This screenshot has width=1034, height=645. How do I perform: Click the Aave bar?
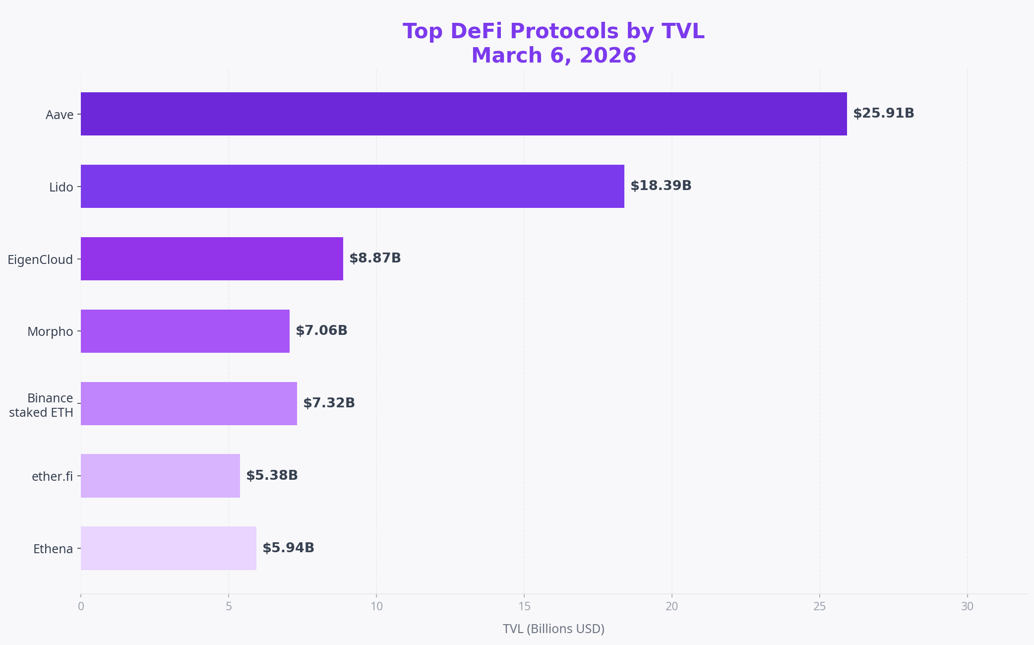pyautogui.click(x=464, y=114)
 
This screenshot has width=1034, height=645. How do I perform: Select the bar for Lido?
pyautogui.click(x=352, y=186)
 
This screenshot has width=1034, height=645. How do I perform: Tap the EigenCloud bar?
pyautogui.click(x=212, y=258)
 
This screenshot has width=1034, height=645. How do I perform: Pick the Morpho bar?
pyautogui.click(x=185, y=331)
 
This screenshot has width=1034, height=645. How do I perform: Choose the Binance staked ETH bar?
pyautogui.click(x=188, y=403)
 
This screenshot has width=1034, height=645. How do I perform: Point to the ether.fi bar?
pyautogui.click(x=160, y=476)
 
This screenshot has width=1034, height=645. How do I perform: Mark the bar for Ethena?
pyautogui.click(x=168, y=548)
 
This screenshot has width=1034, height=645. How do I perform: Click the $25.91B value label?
pyautogui.click(x=883, y=113)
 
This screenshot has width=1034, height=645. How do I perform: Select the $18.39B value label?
pyautogui.click(x=661, y=186)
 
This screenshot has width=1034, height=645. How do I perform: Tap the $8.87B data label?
pyautogui.click(x=375, y=258)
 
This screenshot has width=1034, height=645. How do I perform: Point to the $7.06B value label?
pyautogui.click(x=321, y=330)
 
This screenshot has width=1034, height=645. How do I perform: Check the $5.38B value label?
pyautogui.click(x=272, y=475)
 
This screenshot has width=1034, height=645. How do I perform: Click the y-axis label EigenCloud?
pyautogui.click(x=40, y=259)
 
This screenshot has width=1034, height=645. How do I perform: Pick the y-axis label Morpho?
pyautogui.click(x=50, y=331)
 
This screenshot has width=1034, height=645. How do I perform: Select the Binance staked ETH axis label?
pyautogui.click(x=41, y=405)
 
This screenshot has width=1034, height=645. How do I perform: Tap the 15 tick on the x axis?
pyautogui.click(x=524, y=606)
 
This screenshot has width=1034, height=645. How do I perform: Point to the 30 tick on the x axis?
pyautogui.click(x=967, y=606)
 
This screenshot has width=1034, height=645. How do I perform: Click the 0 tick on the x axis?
pyautogui.click(x=81, y=606)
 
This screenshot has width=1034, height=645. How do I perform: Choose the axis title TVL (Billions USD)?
pyautogui.click(x=553, y=629)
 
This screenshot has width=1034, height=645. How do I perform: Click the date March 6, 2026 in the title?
pyautogui.click(x=553, y=56)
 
